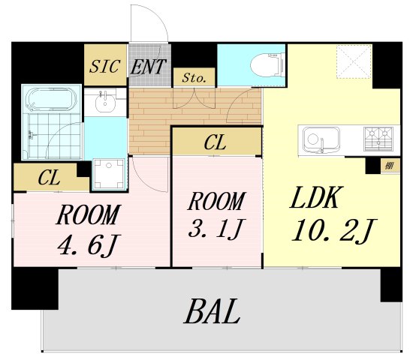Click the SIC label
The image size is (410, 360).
pyautogui.click(x=105, y=66)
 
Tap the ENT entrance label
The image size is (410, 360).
pyautogui.click(x=148, y=67)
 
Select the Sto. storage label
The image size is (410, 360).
pyautogui.click(x=194, y=78)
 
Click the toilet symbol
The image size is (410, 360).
pyautogui.click(x=267, y=64)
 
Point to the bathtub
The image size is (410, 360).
pyautogui.click(x=52, y=100)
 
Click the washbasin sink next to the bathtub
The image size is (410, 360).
pyautogui.click(x=105, y=102)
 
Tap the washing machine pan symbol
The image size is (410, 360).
pyautogui.click(x=109, y=173)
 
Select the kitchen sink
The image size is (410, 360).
pyautogui.click(x=321, y=140)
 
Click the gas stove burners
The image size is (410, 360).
pyautogui.click(x=378, y=139)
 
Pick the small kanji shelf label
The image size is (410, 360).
pyautogui.click(x=390, y=165)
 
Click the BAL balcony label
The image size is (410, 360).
pyautogui.click(x=212, y=312)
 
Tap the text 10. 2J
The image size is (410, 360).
pyautogui.click(x=333, y=230)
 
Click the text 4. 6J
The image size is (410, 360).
pyautogui.click(x=88, y=245)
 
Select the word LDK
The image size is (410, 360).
pyautogui.click(x=315, y=197)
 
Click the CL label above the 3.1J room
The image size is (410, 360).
pyautogui.click(x=215, y=142)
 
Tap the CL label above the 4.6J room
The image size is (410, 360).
pyautogui.click(x=49, y=178)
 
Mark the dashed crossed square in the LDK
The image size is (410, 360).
pyautogui.click(x=354, y=61)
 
